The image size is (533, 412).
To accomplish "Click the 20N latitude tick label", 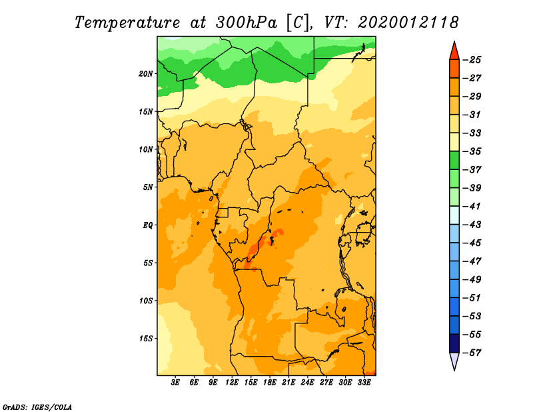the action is pyautogui.click(x=146, y=74).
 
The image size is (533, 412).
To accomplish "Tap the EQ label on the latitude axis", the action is pyautogui.click(x=147, y=225).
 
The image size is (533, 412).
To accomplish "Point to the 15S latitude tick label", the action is pyautogui.click(x=146, y=339).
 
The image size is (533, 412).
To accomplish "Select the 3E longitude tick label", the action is pyautogui.click(x=175, y=383).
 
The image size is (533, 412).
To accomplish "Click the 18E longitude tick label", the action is pyautogui.click(x=270, y=383).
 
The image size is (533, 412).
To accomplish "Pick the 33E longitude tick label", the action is pyautogui.click(x=364, y=383).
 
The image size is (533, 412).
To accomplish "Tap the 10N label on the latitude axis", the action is pyautogui.click(x=146, y=149).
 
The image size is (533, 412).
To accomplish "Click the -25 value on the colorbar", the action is pyautogui.click(x=472, y=60).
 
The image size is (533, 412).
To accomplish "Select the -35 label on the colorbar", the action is pyautogui.click(x=472, y=151).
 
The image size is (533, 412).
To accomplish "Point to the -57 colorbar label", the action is pyautogui.click(x=472, y=353).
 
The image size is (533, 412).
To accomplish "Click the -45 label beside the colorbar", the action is pyautogui.click(x=472, y=243).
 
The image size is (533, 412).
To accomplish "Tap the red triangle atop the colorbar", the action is pyautogui.click(x=454, y=52).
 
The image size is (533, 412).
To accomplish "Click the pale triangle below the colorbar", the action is pyautogui.click(x=454, y=361).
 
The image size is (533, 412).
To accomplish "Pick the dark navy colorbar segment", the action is pyautogui.click(x=454, y=343).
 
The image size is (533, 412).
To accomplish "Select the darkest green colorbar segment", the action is pyautogui.click(x=454, y=160).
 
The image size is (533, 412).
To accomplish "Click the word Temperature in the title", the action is pyautogui.click(x=127, y=23).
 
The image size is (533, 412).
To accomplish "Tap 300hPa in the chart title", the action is pyautogui.click(x=246, y=23).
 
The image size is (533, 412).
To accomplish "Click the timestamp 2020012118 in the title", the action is pyautogui.click(x=408, y=23).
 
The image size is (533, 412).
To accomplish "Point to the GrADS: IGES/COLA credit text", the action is pyautogui.click(x=37, y=407).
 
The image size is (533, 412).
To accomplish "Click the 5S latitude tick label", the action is pyautogui.click(x=148, y=263).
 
